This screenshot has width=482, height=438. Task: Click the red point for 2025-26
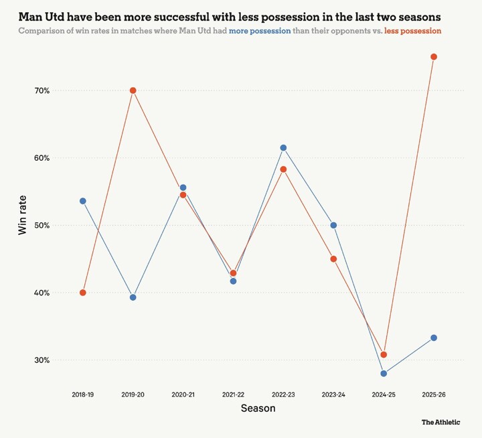point(434,57)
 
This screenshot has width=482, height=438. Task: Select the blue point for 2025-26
point(434,338)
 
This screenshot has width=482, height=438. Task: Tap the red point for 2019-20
point(133,90)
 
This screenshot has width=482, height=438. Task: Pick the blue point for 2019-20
point(133,297)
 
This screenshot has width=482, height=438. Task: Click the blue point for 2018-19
point(83,201)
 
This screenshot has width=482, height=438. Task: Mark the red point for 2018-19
point(83,293)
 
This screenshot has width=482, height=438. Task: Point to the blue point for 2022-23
point(283,148)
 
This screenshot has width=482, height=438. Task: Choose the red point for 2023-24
point(333,259)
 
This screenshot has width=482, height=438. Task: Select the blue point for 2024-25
point(384,374)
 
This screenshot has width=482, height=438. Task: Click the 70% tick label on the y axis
point(43,90)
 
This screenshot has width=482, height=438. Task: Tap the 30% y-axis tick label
point(43,360)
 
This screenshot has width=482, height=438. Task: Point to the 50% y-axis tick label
point(43,226)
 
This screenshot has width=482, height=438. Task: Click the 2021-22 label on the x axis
point(233,395)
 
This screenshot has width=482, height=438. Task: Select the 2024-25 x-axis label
point(384,395)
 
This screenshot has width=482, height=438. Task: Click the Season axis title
point(258,408)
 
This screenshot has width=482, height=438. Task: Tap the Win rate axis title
point(22,225)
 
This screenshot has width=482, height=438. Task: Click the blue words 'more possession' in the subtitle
point(260,31)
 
